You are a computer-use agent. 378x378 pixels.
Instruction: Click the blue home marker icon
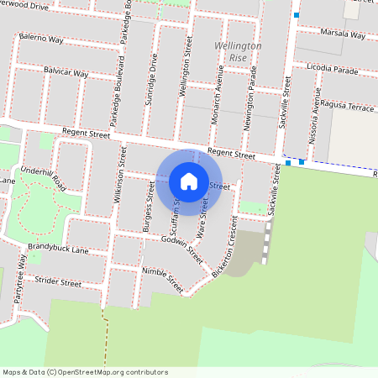coord(189,181)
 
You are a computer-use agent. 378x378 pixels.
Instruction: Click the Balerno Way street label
coord(43,39)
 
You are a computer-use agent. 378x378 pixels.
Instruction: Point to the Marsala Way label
coord(343,35)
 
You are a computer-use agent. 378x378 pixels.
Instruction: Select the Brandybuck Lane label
coord(57,249)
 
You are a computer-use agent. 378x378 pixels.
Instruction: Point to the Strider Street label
coord(57,283)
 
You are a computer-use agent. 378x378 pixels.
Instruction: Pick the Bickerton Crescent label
coord(227,249)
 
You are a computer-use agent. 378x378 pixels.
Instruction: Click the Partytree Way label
coord(19,281)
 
